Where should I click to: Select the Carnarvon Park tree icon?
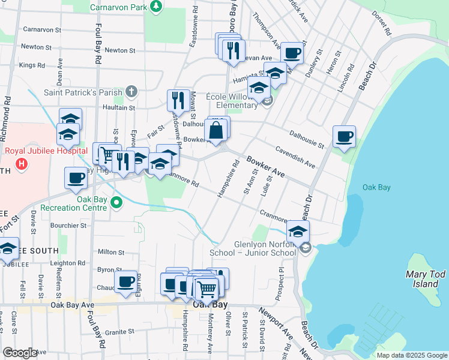pos(156,6)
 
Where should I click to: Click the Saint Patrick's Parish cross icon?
pos(131,92)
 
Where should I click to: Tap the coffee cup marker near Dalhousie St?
pos(344,136)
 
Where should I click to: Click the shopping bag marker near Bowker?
pos(216,130)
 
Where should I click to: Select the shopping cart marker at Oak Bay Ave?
pos(206,289)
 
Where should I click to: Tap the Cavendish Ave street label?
pos(295,157)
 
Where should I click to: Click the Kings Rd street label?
pos(32,65)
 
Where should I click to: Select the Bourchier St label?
pos(68,226)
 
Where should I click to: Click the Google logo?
pos(19,353)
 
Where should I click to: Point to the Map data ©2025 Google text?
pos(411,355)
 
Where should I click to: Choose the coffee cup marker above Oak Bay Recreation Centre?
pos(76,177)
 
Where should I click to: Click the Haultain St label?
pos(118,107)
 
